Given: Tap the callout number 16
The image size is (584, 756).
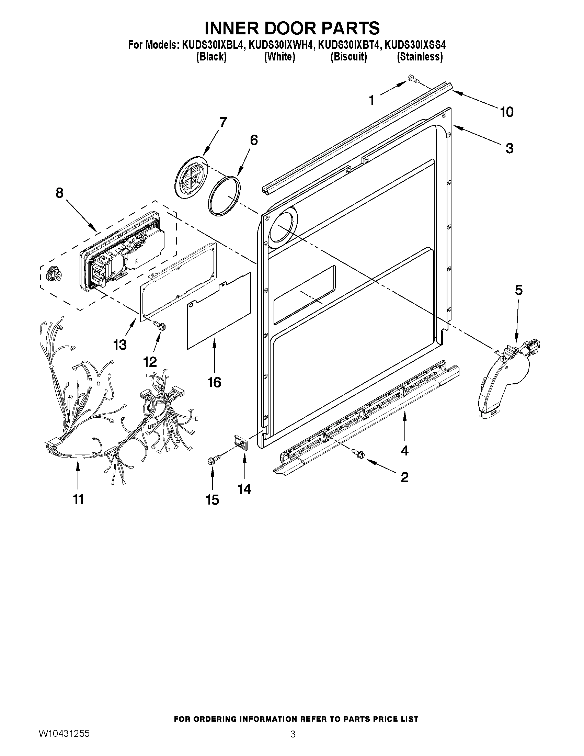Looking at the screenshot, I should pyautogui.click(x=214, y=382).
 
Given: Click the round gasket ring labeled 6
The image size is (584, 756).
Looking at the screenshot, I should pyautogui.click(x=225, y=196).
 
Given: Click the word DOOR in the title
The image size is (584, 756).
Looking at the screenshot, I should pyautogui.click(x=291, y=28).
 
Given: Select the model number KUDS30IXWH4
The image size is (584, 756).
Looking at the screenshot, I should pyautogui.click(x=280, y=45).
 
